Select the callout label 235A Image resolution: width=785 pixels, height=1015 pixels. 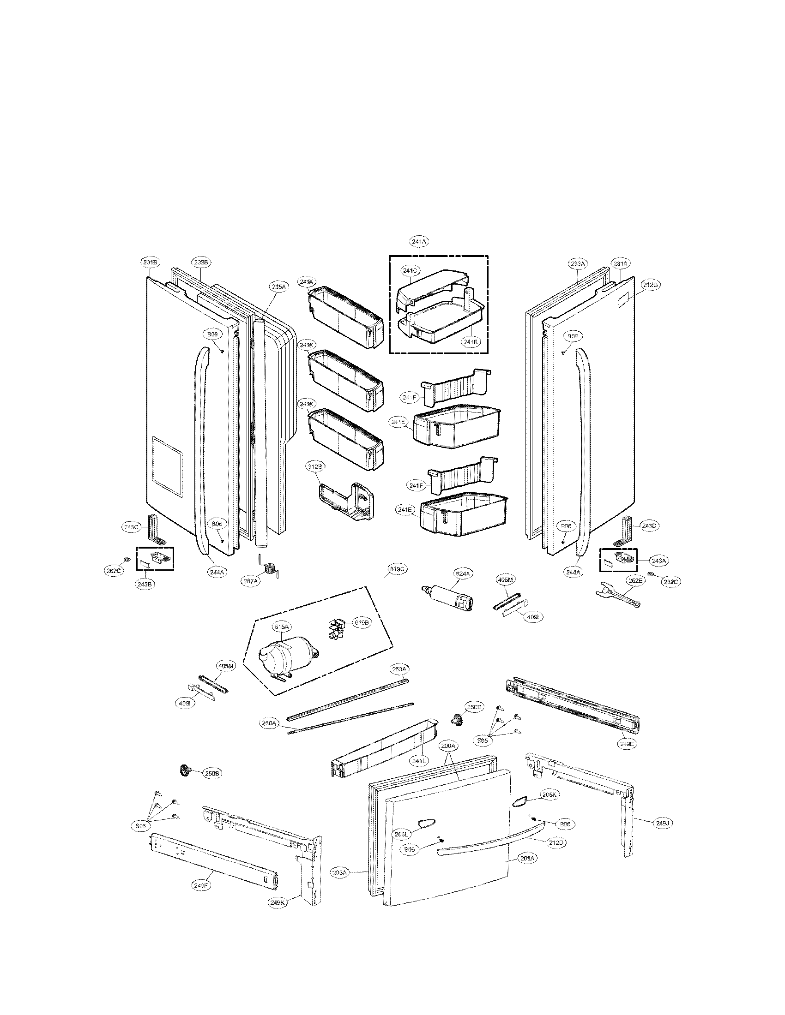point(278,287)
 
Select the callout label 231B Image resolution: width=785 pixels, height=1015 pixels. point(151,263)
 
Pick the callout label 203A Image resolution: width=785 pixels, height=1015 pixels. point(340,872)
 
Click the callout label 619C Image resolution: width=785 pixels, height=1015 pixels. point(397,569)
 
